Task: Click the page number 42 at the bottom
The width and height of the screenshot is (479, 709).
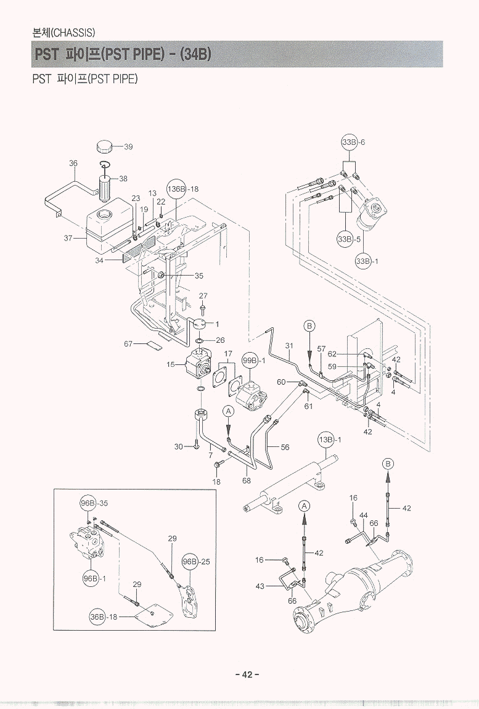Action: (247, 674)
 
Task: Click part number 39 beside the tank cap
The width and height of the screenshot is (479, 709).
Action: (128, 147)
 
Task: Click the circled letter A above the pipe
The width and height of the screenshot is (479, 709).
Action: (227, 411)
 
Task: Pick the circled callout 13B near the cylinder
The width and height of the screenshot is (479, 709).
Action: (325, 440)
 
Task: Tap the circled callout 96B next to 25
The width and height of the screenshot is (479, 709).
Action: (190, 562)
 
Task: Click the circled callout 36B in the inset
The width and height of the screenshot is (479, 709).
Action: (97, 617)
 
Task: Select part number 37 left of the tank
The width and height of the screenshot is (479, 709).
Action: (68, 238)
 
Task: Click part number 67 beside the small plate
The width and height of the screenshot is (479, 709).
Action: (128, 343)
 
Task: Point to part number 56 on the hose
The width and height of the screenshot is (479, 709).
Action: (285, 448)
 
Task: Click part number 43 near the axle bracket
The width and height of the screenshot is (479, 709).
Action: (260, 586)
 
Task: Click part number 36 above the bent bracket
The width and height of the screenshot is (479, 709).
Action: (73, 163)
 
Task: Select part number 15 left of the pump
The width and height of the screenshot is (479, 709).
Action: (170, 364)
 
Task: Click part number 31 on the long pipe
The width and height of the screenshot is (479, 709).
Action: (289, 346)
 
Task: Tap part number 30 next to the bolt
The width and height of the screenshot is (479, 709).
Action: (179, 446)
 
